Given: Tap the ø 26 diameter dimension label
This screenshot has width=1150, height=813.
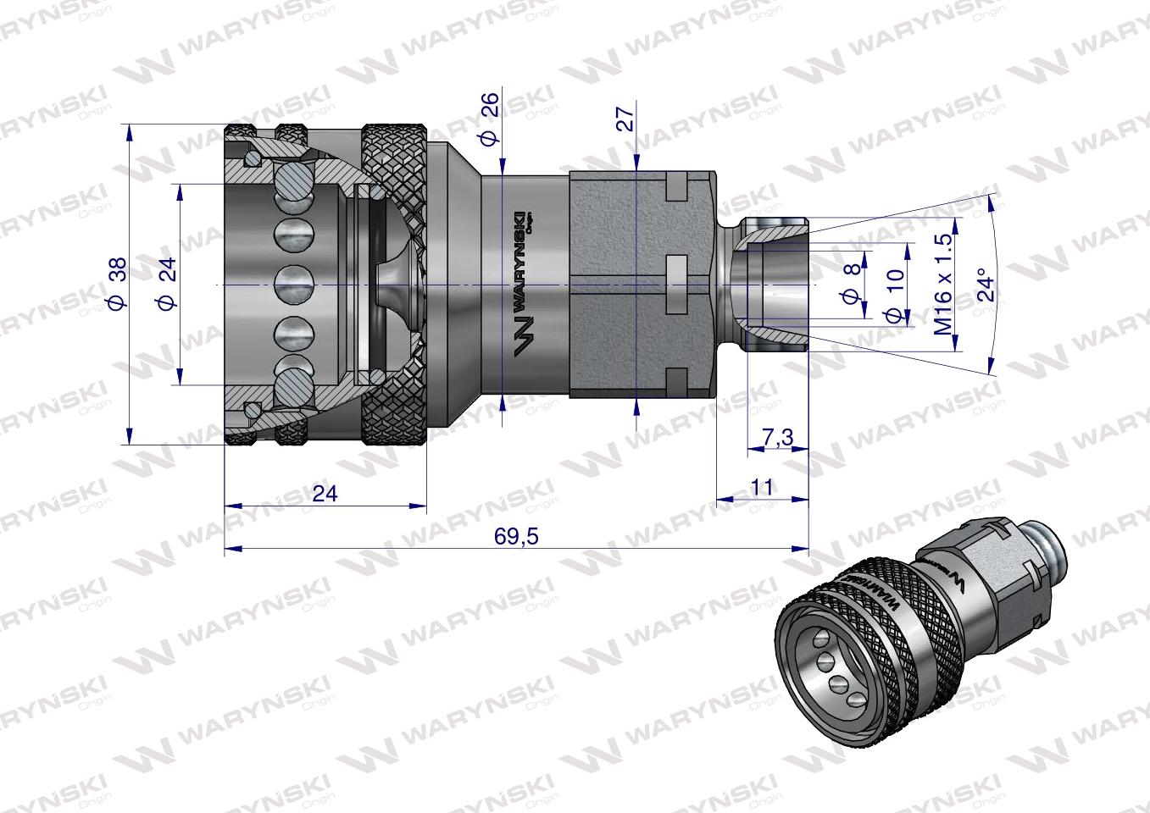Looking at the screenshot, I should point(490,119).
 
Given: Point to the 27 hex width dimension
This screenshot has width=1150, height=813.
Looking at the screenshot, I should point(625,118).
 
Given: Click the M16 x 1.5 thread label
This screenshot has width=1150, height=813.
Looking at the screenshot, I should point(943,284).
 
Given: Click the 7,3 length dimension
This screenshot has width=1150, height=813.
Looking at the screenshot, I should point(777,437).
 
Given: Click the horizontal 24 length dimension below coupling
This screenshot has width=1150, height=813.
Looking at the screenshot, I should point(324,493).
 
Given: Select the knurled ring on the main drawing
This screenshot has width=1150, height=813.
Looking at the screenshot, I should point(395,285).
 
